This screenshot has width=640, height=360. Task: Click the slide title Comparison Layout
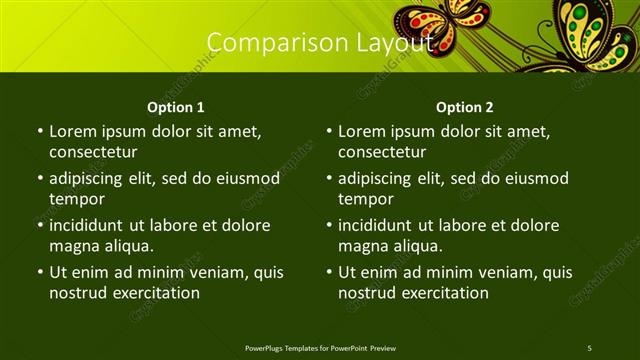(320, 42)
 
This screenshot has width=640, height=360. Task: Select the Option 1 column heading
(176, 107)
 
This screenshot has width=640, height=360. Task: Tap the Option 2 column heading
(465, 107)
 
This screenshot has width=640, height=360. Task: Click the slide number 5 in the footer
(589, 347)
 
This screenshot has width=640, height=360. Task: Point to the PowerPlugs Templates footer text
(320, 347)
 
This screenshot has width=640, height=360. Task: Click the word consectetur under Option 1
(93, 152)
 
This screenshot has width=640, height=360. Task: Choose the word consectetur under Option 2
(382, 152)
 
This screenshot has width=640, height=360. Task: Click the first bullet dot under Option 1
(39, 131)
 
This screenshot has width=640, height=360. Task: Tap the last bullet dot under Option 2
(328, 272)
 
